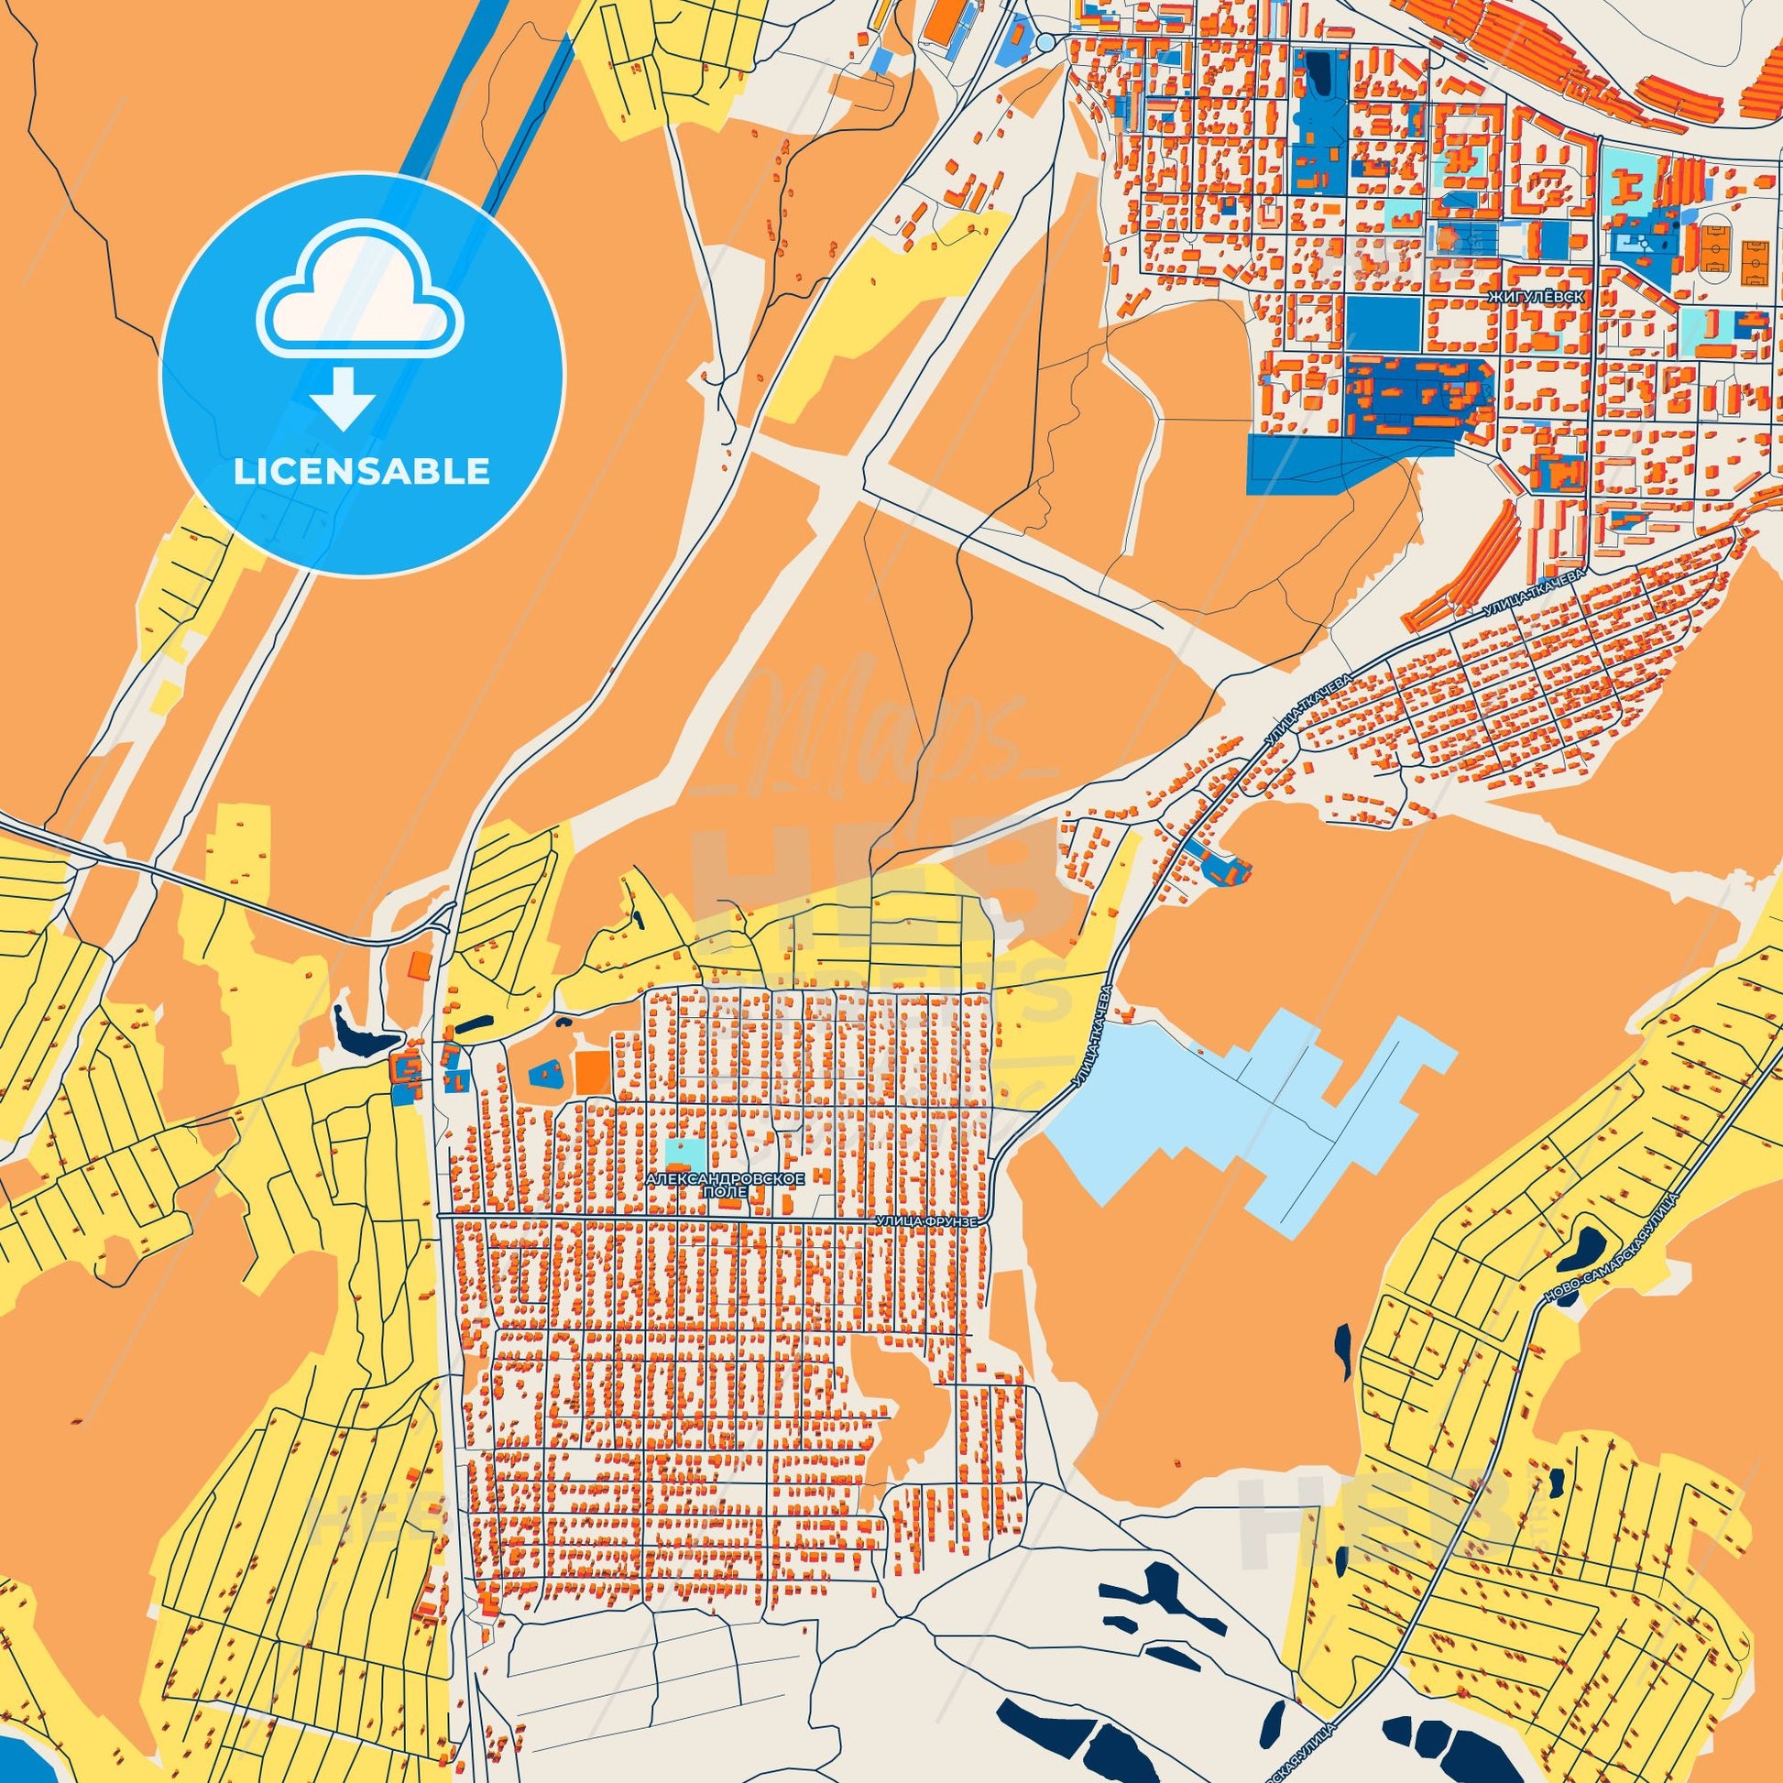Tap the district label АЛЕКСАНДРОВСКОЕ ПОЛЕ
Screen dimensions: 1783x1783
727,1185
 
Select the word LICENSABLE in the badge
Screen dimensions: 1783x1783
362,473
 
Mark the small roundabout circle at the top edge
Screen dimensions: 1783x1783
1044,41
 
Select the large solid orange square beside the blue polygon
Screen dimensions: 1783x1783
593,1071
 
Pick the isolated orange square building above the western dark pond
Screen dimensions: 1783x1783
420,966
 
